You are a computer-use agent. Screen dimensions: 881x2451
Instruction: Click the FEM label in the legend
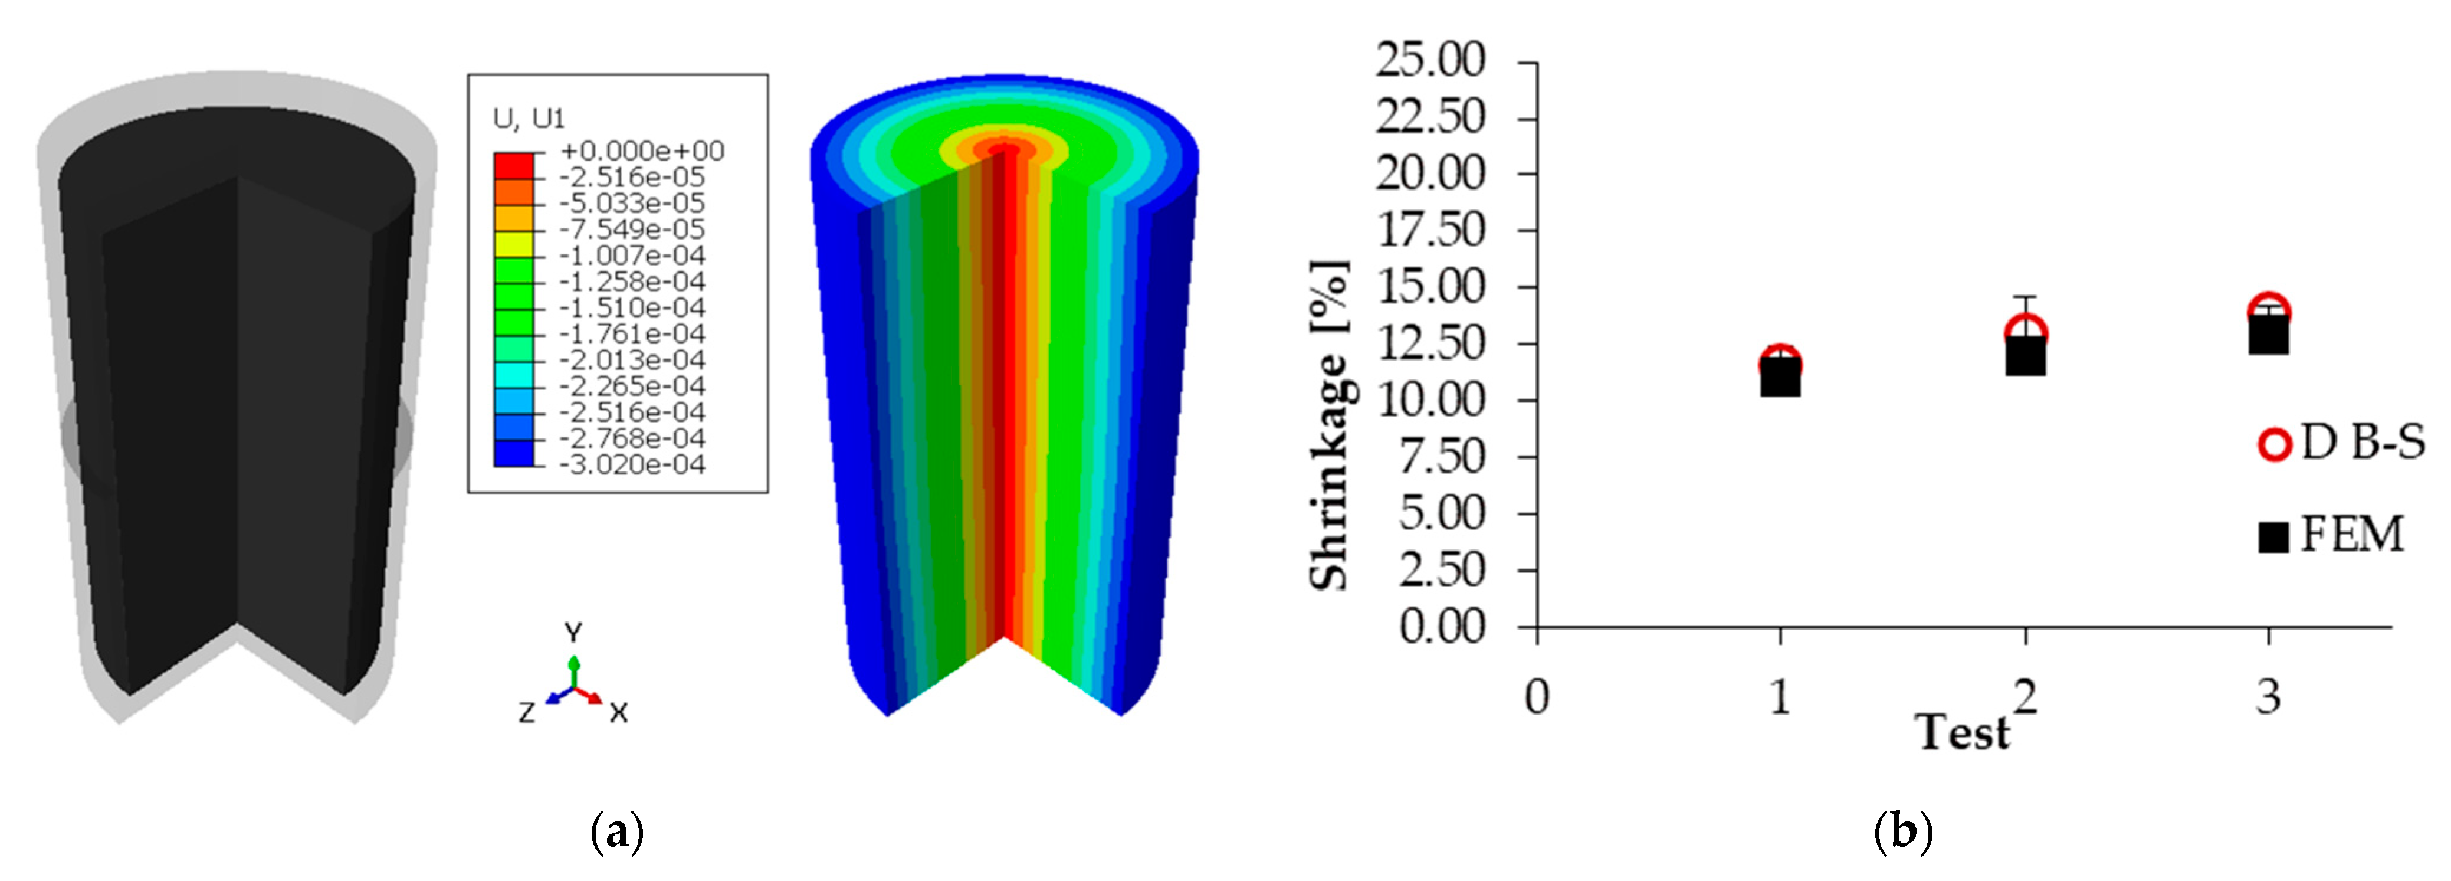(2352, 535)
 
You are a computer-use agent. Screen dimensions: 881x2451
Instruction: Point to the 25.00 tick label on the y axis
(1430, 60)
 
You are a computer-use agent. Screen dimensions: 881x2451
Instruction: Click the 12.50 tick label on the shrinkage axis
(1430, 343)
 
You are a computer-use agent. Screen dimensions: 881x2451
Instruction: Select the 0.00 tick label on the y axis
(1442, 627)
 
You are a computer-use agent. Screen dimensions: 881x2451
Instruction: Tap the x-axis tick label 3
(2268, 696)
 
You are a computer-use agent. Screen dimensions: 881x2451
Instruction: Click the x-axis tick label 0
(1537, 696)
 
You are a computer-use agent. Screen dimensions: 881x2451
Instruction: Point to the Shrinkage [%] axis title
(1329, 425)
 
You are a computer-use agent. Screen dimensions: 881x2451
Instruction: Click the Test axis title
(1962, 732)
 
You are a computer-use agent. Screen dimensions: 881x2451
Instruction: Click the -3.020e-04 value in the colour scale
(632, 465)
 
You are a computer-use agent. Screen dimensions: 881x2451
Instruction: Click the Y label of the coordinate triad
(573, 633)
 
